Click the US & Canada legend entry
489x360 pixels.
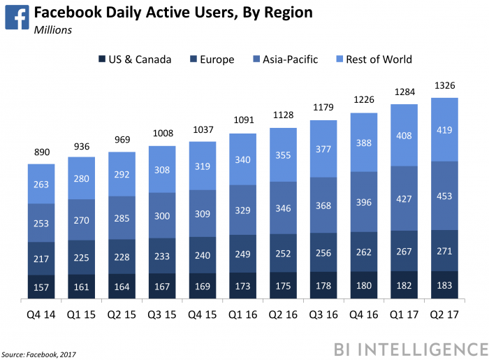pos(134,59)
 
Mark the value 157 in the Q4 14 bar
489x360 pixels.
pos(41,287)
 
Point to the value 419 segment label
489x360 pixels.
pos(444,129)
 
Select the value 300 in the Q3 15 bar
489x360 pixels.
pos(162,217)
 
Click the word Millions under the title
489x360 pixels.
pos(53,30)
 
